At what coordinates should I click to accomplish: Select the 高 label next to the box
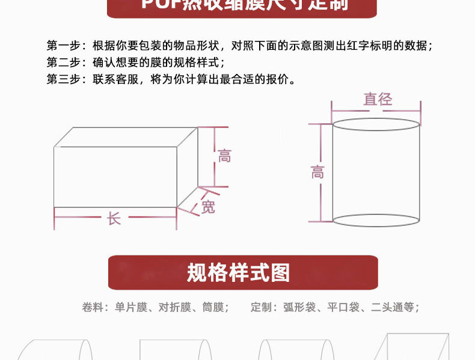[224, 156]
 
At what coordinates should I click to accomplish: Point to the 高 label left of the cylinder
[317, 173]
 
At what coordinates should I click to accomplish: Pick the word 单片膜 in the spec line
[131, 308]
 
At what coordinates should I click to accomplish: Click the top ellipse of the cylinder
[376, 124]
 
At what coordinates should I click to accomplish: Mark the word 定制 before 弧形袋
[261, 308]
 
